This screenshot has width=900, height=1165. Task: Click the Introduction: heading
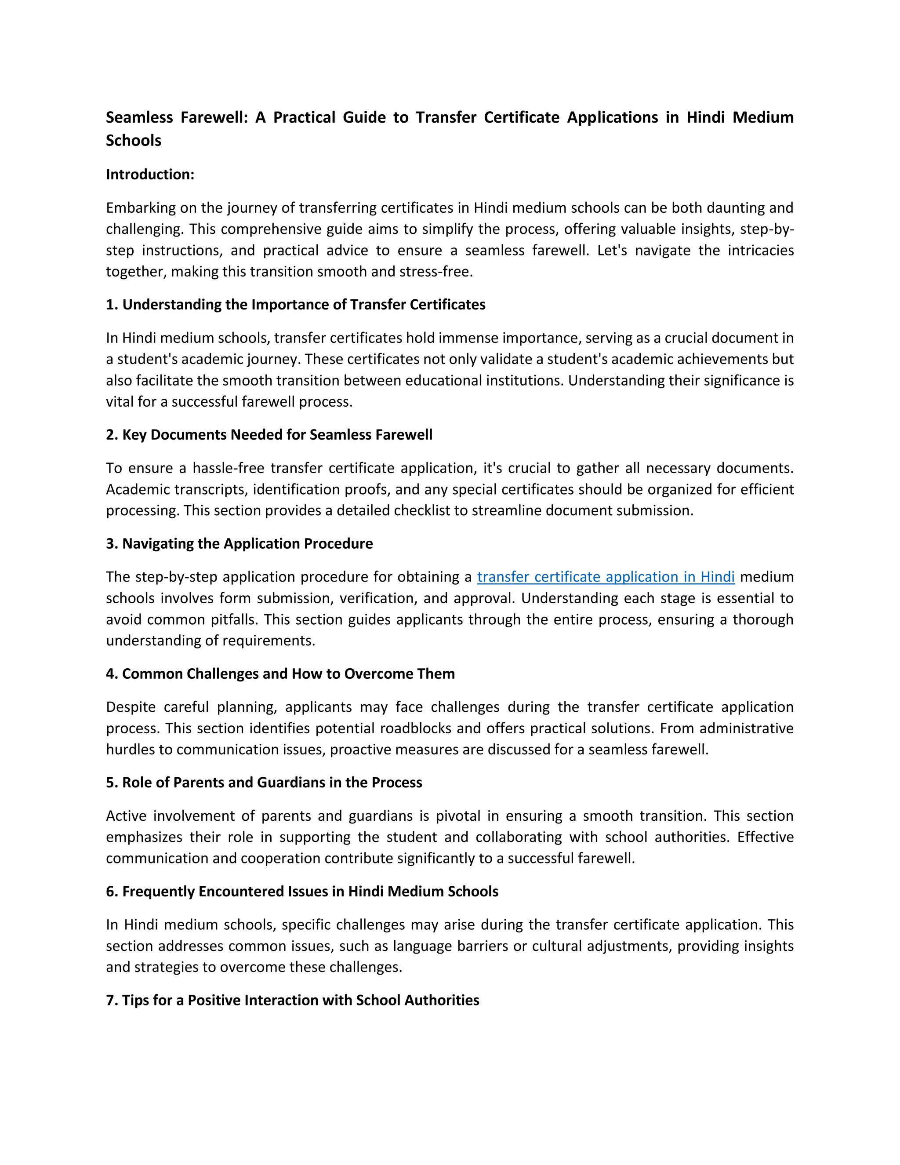[150, 175]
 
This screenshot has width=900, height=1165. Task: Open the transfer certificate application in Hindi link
[606, 577]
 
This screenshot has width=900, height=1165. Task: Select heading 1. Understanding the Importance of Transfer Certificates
[295, 305]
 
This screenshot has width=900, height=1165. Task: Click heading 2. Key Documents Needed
[269, 435]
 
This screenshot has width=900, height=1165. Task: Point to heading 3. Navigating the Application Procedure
[240, 543]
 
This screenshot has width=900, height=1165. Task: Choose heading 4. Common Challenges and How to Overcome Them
[280, 674]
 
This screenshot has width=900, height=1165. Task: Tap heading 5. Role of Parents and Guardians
[264, 783]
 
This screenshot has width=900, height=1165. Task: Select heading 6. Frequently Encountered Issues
[302, 892]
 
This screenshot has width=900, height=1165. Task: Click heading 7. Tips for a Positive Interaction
[292, 1000]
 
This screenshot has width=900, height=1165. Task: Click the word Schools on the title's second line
[133, 140]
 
